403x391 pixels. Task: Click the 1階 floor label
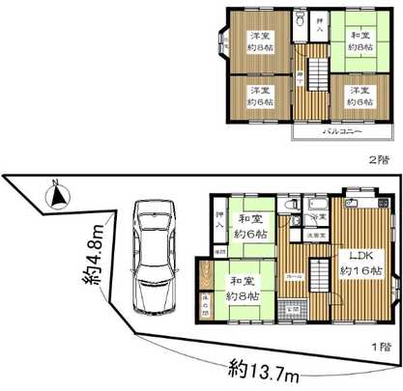click(382, 345)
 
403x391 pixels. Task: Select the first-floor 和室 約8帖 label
click(242, 288)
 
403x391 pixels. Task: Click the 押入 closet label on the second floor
click(322, 23)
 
